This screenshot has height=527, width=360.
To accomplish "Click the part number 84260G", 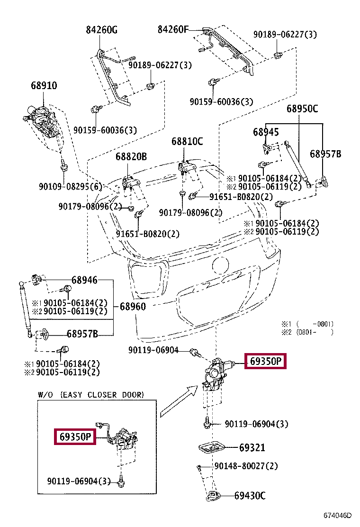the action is point(101,30).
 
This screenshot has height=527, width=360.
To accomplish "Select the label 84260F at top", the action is point(173,29).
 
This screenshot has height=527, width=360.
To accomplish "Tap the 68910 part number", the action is point(44,85).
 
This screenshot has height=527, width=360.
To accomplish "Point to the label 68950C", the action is point(302,109).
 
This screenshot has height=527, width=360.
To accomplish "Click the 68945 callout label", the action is point(266,132).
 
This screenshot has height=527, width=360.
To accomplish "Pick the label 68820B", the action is point(131,156).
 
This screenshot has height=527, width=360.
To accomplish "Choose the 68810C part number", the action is point(187,141).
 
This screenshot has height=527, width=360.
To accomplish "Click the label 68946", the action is point(84,280).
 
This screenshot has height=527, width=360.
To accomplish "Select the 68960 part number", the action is point(133,307).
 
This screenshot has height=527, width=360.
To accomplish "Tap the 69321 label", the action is point(252,448).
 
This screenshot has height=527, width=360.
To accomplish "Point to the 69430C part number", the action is point(250,495).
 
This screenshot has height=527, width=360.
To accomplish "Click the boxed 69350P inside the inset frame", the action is point(75,436).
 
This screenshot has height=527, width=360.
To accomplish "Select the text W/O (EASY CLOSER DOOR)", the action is point(91,395).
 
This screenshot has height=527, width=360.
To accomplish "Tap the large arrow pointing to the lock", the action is point(179,401).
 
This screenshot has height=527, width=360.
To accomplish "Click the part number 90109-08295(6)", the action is point(70,186).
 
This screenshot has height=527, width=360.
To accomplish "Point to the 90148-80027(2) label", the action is point(246,466).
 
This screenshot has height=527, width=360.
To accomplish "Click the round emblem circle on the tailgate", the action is point(221,266).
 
